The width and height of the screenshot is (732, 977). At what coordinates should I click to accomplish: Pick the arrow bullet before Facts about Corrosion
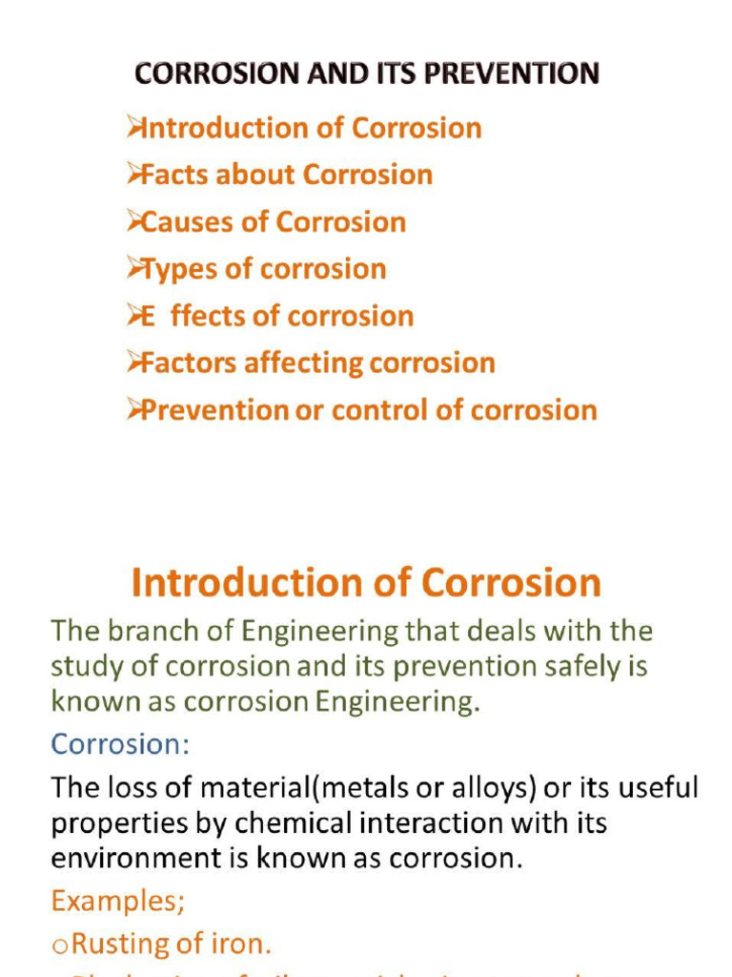pos(133,174)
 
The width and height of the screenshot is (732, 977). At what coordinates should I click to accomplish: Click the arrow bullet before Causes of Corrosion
pos(133,221)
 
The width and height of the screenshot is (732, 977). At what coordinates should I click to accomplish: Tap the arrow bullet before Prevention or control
pos(133,409)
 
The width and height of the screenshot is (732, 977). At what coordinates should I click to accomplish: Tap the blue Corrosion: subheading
pos(120,743)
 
